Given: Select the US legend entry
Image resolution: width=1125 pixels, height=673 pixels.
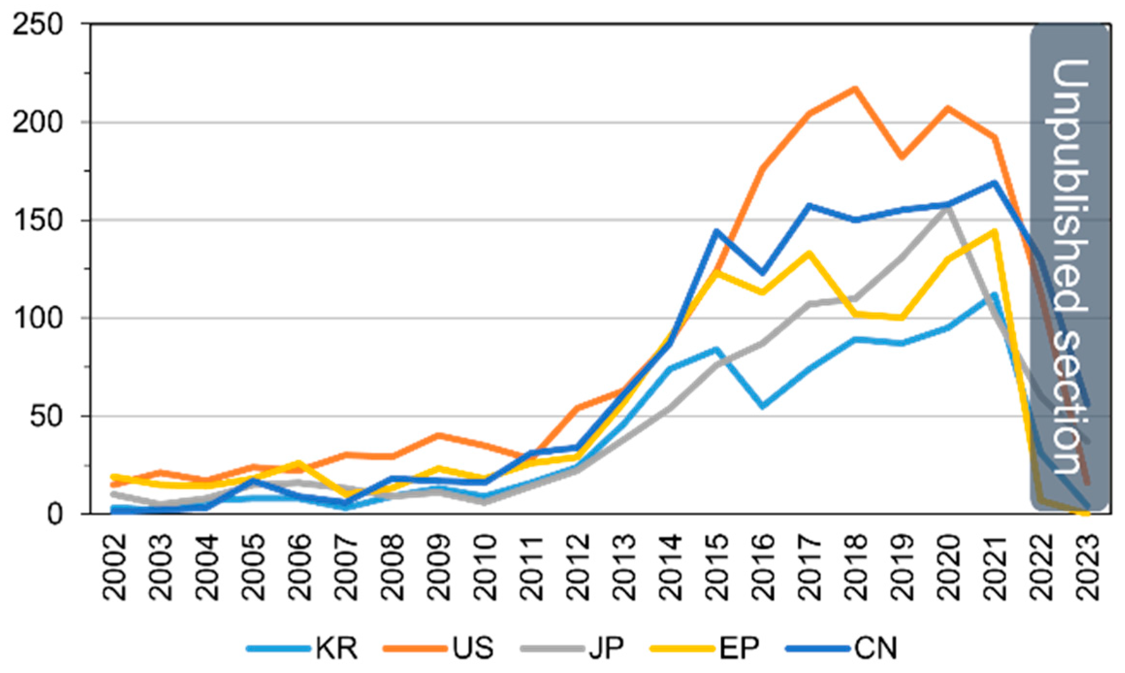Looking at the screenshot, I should pos(439,648).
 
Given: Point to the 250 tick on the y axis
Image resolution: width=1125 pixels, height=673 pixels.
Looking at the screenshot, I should pos(38,24).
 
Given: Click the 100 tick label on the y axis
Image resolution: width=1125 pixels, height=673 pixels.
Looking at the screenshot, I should pos(38,318).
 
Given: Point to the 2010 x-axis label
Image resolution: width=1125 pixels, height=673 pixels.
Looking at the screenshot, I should pos(485,567).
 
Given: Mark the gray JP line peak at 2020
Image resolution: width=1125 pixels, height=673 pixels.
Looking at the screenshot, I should pos(948,208).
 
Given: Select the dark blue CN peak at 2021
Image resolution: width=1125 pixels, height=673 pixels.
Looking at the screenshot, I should pos(994,183).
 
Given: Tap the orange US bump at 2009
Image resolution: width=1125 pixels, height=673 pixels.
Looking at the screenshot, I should pos(439,435).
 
